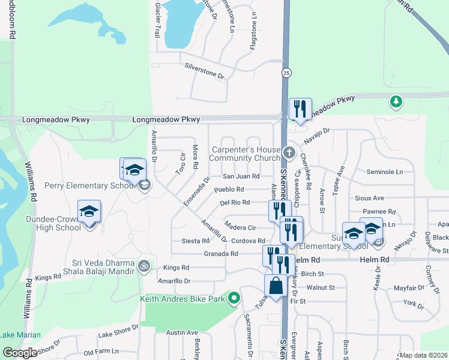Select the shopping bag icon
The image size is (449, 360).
click(x=276, y=286)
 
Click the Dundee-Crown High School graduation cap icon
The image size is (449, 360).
click(x=89, y=211)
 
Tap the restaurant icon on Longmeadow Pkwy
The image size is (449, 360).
click(x=300, y=109)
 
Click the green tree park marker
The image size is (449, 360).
click(x=396, y=101)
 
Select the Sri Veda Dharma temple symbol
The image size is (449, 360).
click(x=143, y=265)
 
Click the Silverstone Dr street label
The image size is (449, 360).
click(x=204, y=72)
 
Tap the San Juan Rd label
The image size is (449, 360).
click(x=241, y=176)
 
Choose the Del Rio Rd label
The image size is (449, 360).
click(x=235, y=203)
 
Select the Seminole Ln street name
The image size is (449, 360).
click(x=384, y=172)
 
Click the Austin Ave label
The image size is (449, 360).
click(x=182, y=332)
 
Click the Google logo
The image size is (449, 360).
click(x=19, y=353)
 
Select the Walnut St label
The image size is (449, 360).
click(x=320, y=287)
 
